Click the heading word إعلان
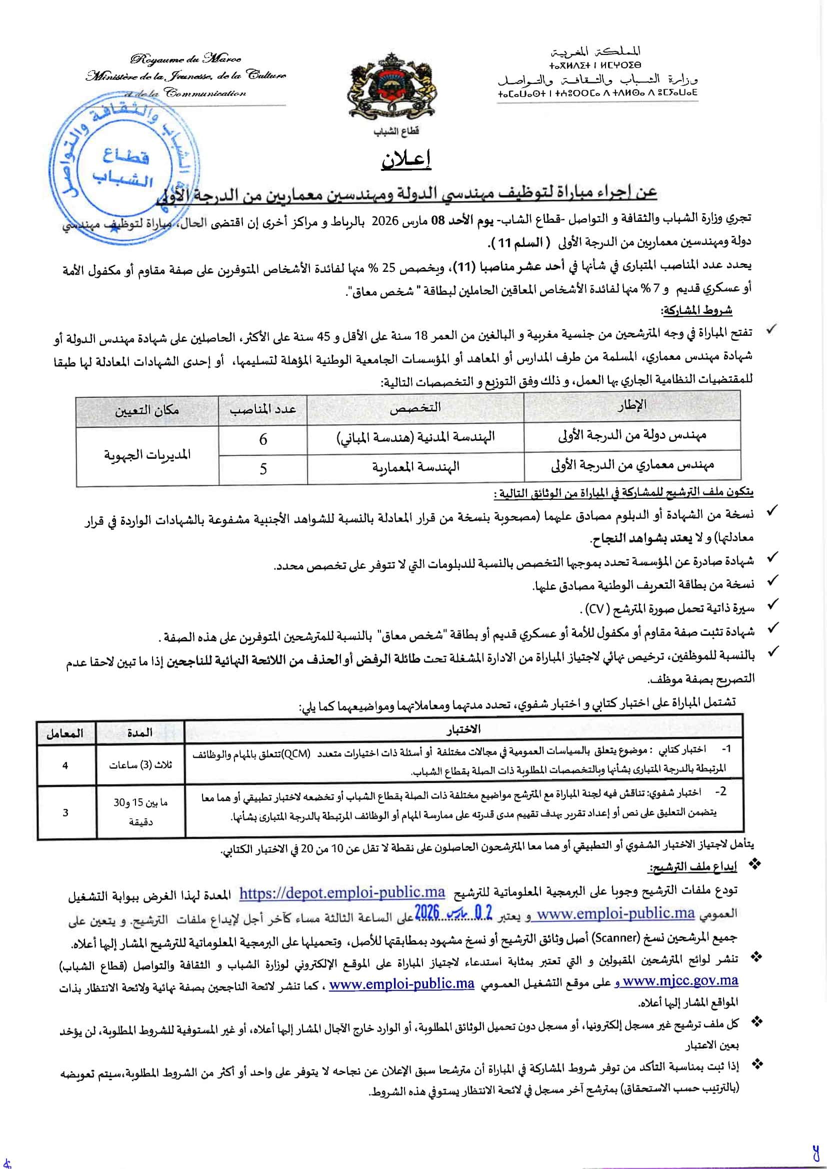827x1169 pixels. (406, 159)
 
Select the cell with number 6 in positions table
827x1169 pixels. (263, 439)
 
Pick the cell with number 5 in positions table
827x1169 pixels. (263, 468)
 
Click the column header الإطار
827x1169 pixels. (631, 406)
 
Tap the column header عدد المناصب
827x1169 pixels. (263, 409)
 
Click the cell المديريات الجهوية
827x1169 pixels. (147, 454)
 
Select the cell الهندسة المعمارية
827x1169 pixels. (415, 467)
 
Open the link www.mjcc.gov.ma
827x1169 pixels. (680, 981)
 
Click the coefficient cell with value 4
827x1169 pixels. (65, 765)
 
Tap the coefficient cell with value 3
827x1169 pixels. (65, 813)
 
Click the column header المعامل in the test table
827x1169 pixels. (64, 734)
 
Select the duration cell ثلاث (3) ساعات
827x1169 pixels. (140, 765)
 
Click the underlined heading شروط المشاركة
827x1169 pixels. (696, 310)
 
